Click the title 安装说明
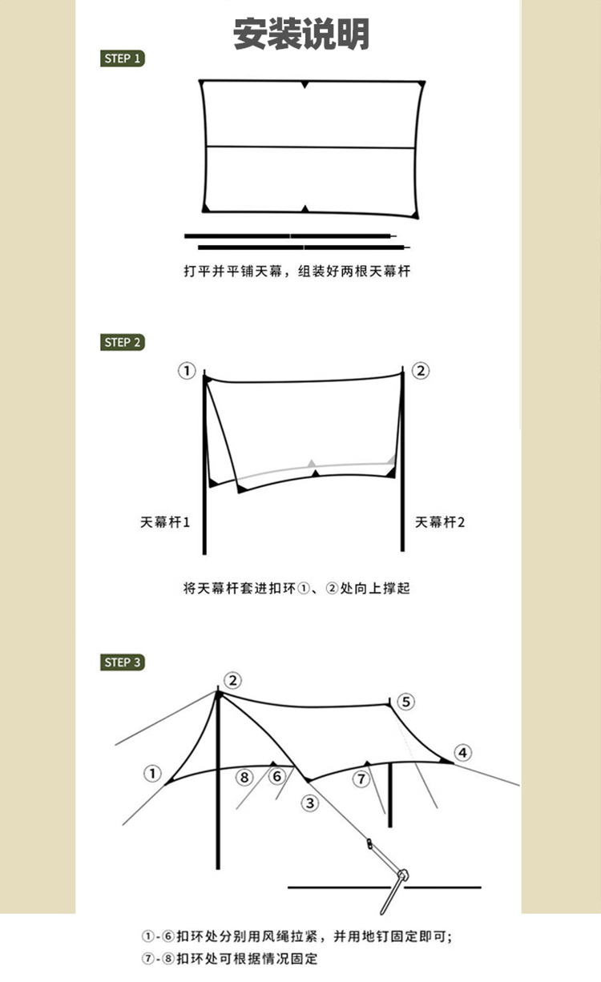(x=301, y=34)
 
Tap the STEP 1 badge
(x=123, y=58)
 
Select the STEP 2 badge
(x=123, y=342)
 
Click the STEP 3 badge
(x=123, y=662)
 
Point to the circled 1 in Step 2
(x=187, y=371)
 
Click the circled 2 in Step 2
(x=421, y=371)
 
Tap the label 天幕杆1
(x=165, y=522)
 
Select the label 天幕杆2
(x=440, y=522)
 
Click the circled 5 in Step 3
(x=406, y=702)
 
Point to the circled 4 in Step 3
(x=462, y=753)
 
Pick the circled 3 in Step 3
(x=309, y=803)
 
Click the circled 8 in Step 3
(x=245, y=776)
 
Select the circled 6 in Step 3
(x=276, y=776)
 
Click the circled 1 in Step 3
(x=152, y=774)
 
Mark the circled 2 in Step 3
(x=232, y=681)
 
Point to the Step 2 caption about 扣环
(x=296, y=589)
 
